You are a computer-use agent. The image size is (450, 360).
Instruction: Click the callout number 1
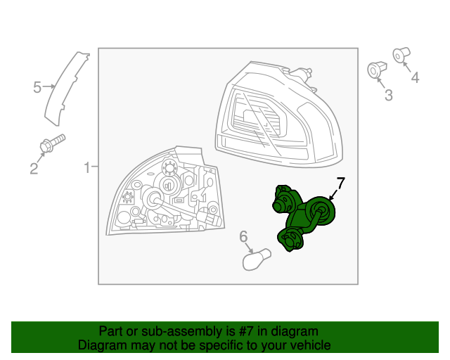click(87, 167)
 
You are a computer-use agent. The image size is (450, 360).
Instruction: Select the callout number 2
click(34, 169)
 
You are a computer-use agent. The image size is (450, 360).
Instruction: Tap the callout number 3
click(389, 96)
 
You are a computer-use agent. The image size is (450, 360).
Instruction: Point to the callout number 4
click(415, 77)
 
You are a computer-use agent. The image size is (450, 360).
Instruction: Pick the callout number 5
click(37, 87)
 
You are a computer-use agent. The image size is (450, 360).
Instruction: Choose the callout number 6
click(243, 236)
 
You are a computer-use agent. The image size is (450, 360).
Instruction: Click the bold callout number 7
click(340, 183)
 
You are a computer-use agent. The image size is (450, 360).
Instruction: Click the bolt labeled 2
click(53, 143)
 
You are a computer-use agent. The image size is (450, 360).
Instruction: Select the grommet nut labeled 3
click(377, 70)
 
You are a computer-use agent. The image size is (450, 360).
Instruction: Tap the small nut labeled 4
click(401, 55)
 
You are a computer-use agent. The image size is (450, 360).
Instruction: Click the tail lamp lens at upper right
click(278, 115)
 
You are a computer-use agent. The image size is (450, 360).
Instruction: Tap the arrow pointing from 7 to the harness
click(334, 195)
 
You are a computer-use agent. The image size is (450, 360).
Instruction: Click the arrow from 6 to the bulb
click(248, 247)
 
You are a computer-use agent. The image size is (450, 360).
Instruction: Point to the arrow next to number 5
click(49, 86)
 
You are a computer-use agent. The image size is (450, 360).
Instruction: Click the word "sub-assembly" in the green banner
click(181, 331)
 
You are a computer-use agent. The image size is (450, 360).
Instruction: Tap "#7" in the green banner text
click(246, 331)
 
